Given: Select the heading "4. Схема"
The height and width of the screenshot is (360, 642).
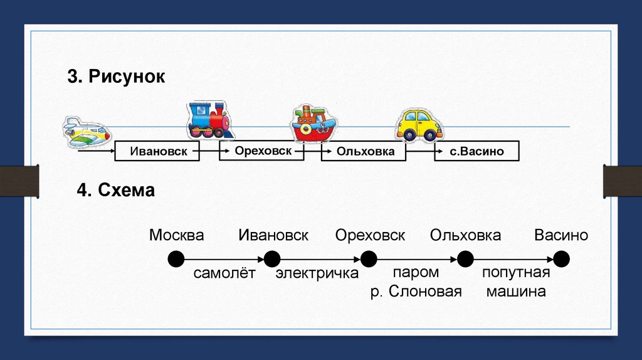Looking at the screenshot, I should (116, 190).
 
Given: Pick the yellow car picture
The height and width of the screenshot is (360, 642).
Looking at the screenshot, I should (419, 124).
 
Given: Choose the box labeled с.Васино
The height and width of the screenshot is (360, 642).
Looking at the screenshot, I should (476, 151).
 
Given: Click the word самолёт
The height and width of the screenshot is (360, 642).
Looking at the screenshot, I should (224, 273).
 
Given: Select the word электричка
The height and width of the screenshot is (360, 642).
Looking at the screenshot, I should (317, 273).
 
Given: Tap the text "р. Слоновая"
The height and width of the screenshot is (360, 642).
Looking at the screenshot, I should (416, 291).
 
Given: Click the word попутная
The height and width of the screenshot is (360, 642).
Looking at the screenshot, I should (515, 273).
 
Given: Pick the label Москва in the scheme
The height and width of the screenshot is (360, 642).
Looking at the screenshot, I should (177, 235).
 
